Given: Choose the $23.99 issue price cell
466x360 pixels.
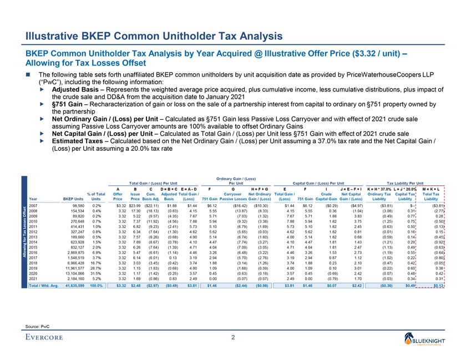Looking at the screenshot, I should pyautogui.click(x=130, y=206).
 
